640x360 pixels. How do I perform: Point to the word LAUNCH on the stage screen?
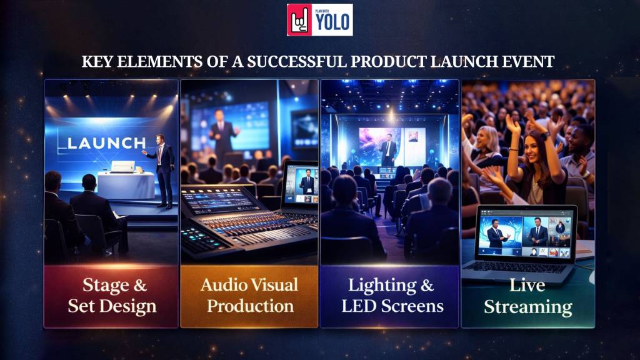click(x=106, y=143)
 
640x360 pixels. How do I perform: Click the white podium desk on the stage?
click(x=126, y=185)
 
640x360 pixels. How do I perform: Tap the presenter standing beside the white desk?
click(x=164, y=169)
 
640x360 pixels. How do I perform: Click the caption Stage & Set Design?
click(x=111, y=296)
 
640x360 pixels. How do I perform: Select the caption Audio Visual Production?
click(x=249, y=296)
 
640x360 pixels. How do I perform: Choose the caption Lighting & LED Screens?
click(x=389, y=296)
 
